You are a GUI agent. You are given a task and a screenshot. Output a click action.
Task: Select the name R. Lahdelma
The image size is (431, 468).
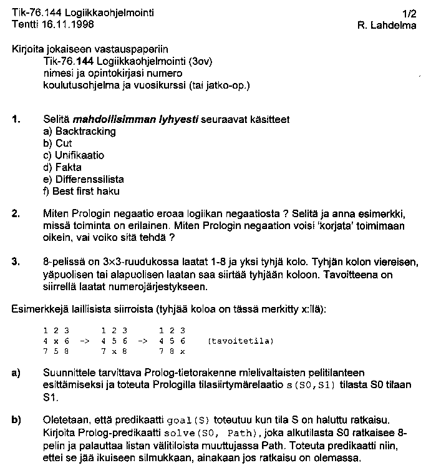pyautogui.click(x=387, y=25)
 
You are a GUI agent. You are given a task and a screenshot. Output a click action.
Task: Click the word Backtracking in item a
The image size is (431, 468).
pyautogui.click(x=85, y=132)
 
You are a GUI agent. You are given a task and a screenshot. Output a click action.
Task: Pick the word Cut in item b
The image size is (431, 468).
pyautogui.click(x=64, y=144)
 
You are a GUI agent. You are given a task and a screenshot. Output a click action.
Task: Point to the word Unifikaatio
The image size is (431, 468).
pyautogui.click(x=80, y=155)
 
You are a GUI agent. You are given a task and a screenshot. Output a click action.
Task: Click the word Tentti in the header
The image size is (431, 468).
pyautogui.click(x=24, y=24)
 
